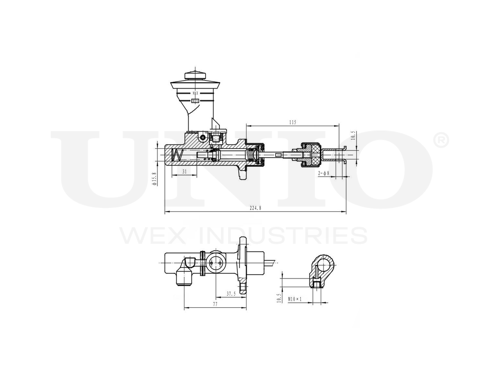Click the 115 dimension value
pyautogui.click(x=293, y=122)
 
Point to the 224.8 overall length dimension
pyautogui.click(x=255, y=208)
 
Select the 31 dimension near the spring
pyautogui.click(x=184, y=171)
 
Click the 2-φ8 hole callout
pyautogui.click(x=324, y=173)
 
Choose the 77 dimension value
pyautogui.click(x=214, y=304)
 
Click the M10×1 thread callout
pyautogui.click(x=295, y=299)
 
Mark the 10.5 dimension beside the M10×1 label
pyautogui.click(x=279, y=298)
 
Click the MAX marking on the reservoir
pyautogui.click(x=195, y=93)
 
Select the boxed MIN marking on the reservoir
pyautogui.click(x=195, y=101)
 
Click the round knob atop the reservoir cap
pyautogui.click(x=195, y=75)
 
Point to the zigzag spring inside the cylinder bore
pyautogui.click(x=177, y=155)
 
